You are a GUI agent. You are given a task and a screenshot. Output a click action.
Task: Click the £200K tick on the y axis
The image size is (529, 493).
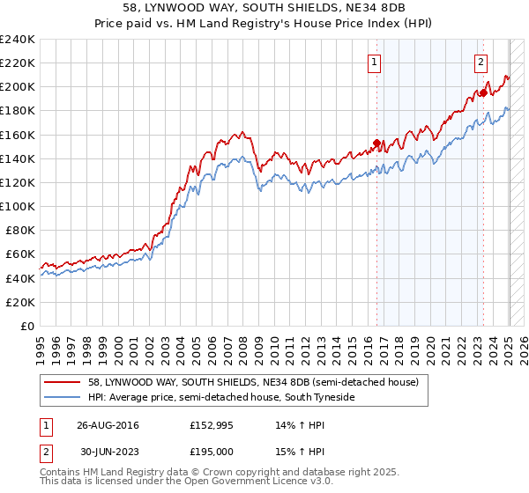tap(18, 87)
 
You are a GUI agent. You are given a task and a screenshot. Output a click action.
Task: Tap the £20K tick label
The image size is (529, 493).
tap(20, 301)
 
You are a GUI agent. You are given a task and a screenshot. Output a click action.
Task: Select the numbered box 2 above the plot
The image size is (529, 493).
tap(481, 62)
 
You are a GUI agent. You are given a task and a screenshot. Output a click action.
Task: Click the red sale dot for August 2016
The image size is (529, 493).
tap(376, 143)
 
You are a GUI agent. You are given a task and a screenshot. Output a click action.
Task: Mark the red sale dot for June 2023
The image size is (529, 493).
tap(483, 93)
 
